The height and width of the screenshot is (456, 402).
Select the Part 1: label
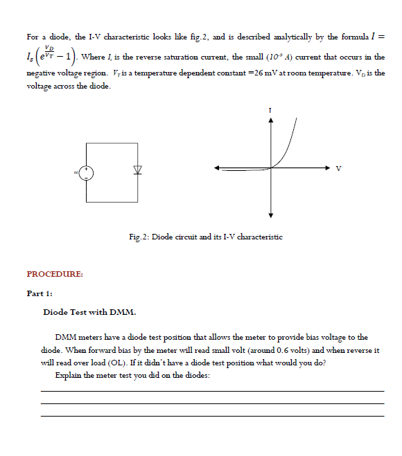[x=40, y=293]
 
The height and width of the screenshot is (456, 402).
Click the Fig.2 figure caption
[x=205, y=237]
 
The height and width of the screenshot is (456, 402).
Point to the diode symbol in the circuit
[x=137, y=170]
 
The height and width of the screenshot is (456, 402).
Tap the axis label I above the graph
[x=271, y=109]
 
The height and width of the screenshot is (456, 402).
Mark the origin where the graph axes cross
[x=271, y=167]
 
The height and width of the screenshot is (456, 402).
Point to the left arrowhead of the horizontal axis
[x=218, y=167]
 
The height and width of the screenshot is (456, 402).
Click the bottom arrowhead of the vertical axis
[x=271, y=214]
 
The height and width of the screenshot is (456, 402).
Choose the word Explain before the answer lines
[x=69, y=375]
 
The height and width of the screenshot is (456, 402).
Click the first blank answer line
[x=212, y=391]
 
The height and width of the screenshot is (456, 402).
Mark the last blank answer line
[x=212, y=416]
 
